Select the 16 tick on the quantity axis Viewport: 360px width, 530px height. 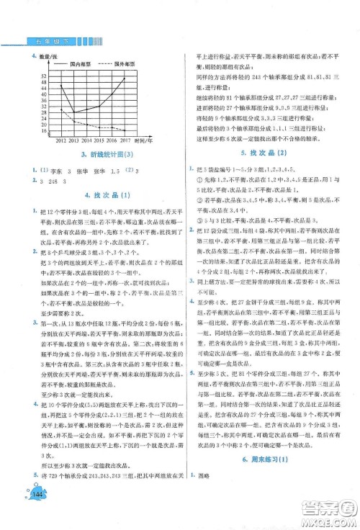click(x=45, y=131)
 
